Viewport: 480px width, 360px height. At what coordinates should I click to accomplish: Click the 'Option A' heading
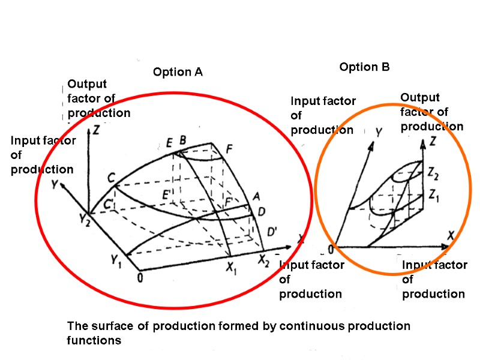[x=178, y=73]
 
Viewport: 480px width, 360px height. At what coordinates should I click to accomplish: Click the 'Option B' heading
[x=364, y=67]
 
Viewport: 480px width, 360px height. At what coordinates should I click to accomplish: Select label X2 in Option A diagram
[x=265, y=261]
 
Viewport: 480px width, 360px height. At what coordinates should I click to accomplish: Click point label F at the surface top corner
[x=229, y=149]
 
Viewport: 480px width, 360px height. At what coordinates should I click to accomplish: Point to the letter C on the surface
[x=111, y=178]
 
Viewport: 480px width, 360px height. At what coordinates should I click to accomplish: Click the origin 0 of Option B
[x=330, y=249]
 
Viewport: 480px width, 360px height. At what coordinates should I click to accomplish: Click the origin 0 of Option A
[x=140, y=277]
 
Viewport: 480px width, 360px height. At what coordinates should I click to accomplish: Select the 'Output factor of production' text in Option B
[x=431, y=112]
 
